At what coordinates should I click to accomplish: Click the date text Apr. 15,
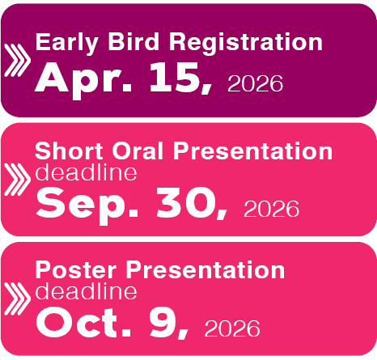[126, 78]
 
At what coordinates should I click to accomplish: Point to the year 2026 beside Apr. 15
[256, 83]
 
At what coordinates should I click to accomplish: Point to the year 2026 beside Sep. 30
[272, 210]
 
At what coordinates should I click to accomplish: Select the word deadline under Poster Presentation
[86, 291]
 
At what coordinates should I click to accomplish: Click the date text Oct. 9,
[113, 323]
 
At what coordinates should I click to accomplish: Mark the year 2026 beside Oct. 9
[233, 328]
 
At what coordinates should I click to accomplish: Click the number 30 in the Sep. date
[188, 204]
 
